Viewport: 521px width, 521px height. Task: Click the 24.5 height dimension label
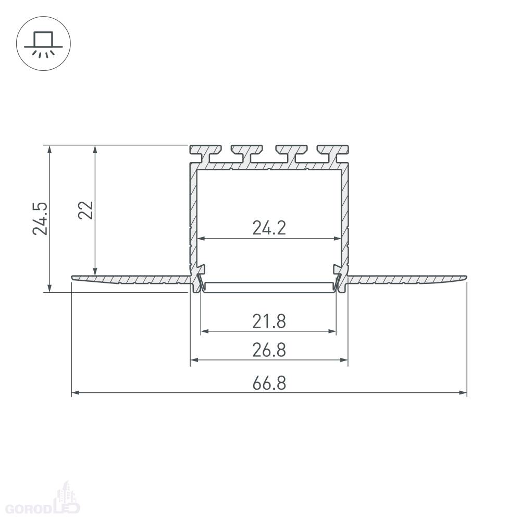click(x=40, y=219)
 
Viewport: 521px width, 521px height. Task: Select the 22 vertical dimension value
click(x=86, y=210)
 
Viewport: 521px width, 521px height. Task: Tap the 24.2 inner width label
click(x=269, y=228)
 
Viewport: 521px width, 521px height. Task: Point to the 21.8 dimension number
click(x=269, y=321)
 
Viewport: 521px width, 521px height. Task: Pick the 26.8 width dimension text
click(x=269, y=350)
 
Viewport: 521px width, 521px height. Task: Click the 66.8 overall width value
click(x=269, y=383)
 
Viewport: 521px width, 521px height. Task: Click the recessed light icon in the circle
click(x=43, y=44)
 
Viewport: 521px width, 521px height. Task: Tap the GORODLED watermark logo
click(x=43, y=502)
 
